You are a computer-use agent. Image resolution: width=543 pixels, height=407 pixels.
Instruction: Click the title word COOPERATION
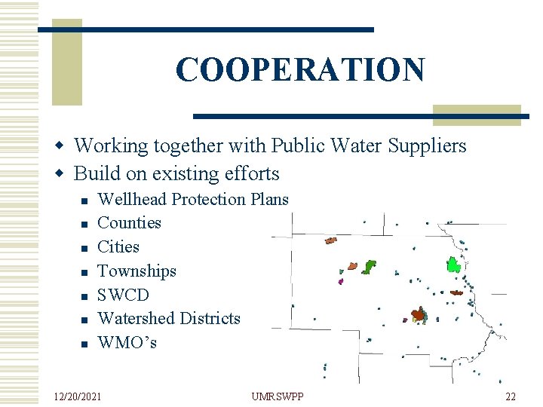300,70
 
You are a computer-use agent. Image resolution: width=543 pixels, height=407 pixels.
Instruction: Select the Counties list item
130,223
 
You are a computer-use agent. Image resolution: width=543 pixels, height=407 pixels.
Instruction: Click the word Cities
118,246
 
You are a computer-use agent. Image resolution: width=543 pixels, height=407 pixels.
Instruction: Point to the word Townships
137,271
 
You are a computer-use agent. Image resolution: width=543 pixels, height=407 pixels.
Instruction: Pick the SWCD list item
124,295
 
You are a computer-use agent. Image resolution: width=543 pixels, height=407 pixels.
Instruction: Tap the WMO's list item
127,343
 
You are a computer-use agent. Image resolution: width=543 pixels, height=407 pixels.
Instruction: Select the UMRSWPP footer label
277,396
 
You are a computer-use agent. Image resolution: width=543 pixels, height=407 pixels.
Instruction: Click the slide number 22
511,396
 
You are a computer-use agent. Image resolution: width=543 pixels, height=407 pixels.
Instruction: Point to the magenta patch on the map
341,281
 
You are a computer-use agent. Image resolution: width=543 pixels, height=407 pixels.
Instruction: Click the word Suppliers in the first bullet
428,145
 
